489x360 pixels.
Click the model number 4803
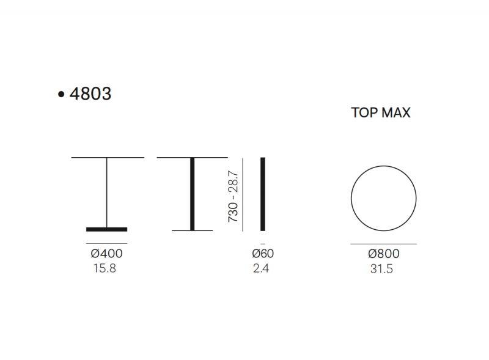pyautogui.click(x=90, y=94)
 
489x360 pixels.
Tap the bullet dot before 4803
pyautogui.click(x=61, y=94)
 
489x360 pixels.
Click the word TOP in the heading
pyautogui.click(x=363, y=112)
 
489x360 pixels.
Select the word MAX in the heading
pyautogui.click(x=395, y=112)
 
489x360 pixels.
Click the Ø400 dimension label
pyautogui.click(x=106, y=253)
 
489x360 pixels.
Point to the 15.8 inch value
pyautogui.click(x=105, y=268)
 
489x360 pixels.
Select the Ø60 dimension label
pyautogui.click(x=263, y=253)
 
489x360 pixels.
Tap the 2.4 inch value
pyautogui.click(x=261, y=268)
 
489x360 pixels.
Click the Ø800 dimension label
pyautogui.click(x=384, y=254)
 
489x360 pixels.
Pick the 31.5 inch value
pyautogui.click(x=381, y=269)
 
